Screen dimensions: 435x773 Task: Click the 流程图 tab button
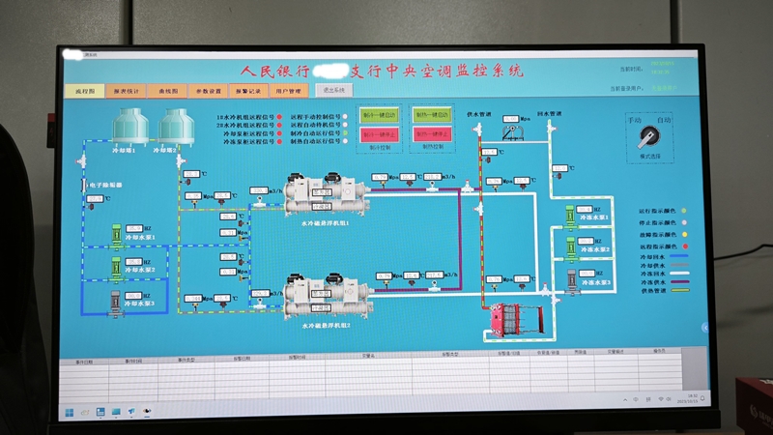(85, 91)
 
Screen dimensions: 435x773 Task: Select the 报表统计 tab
(127, 91)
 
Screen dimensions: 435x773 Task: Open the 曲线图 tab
(169, 91)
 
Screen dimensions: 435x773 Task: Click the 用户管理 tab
(288, 91)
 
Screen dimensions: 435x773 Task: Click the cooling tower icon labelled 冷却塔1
(128, 127)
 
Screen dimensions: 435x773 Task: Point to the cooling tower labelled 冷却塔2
(175, 127)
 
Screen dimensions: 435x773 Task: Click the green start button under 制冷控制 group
(380, 115)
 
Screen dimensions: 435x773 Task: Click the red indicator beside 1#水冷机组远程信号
(279, 116)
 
